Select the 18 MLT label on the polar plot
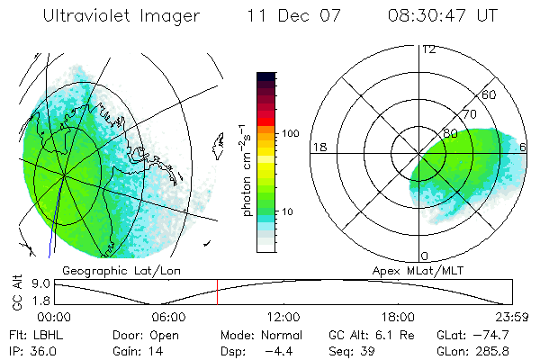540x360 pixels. tap(319, 146)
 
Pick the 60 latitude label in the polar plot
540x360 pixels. tap(490, 94)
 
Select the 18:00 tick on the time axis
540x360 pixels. tap(398, 316)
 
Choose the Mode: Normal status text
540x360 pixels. tap(260, 333)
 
